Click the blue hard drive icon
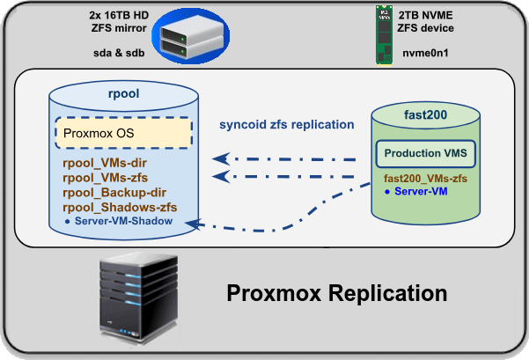tap(191, 36)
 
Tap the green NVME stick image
tap(385, 34)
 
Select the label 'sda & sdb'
tap(119, 53)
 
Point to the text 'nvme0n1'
tap(425, 53)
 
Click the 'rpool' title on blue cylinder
tap(123, 93)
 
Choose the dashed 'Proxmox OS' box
tap(124, 133)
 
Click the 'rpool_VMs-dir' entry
tap(105, 163)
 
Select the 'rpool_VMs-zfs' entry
tap(106, 178)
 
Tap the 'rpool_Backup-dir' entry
tap(114, 192)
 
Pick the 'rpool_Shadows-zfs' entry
tap(120, 207)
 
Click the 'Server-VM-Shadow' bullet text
tap(123, 221)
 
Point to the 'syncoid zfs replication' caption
tap(287, 124)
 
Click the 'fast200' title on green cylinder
tap(425, 114)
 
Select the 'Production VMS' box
tap(426, 153)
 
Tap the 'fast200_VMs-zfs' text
tap(425, 178)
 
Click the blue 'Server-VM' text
tap(421, 191)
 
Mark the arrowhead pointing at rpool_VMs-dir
tap(221, 158)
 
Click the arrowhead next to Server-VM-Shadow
tap(193, 224)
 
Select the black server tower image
tap(139, 298)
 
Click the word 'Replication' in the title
tap(388, 293)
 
